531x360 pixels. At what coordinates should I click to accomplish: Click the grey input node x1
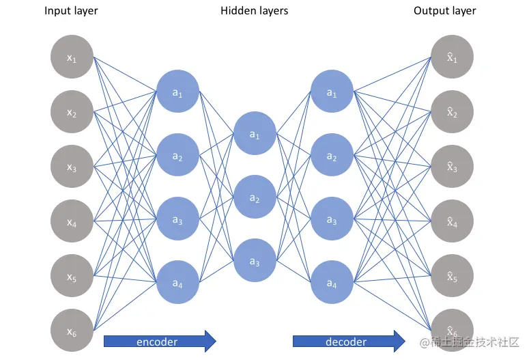point(72,58)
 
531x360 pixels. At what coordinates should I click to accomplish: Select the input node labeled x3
point(72,167)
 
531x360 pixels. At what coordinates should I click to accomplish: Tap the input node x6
point(72,331)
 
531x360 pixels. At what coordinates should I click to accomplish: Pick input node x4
point(72,222)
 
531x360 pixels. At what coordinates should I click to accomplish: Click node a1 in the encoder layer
point(178,92)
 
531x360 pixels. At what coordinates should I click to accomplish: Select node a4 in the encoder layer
point(178,283)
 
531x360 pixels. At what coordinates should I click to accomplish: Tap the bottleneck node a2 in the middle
point(255,198)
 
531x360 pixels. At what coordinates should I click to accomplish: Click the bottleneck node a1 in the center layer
point(255,135)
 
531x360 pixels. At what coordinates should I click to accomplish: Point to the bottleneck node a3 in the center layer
point(255,261)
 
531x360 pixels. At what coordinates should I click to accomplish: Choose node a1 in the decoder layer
point(332,92)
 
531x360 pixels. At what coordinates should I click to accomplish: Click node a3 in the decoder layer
point(332,219)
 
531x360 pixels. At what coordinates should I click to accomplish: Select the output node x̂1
point(451,58)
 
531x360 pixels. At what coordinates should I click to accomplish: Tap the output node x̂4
point(451,222)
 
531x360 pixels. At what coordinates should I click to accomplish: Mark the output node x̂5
point(451,277)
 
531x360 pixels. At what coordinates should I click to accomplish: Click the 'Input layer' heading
point(71,11)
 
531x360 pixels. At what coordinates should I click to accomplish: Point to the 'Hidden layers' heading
point(255,11)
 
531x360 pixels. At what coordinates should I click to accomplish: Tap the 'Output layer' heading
point(445,11)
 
